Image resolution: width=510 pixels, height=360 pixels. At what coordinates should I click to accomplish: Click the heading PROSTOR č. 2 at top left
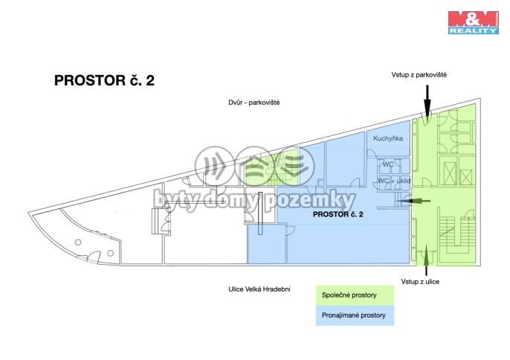click(x=104, y=81)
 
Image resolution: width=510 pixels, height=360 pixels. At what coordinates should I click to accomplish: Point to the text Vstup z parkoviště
click(x=419, y=75)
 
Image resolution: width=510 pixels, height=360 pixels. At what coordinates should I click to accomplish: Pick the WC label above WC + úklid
click(x=388, y=164)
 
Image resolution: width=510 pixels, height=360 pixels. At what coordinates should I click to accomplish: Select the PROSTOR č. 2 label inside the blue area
click(x=338, y=214)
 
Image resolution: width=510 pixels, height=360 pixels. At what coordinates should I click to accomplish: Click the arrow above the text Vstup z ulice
click(x=426, y=256)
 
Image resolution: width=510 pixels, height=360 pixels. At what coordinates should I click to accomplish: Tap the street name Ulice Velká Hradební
click(x=259, y=289)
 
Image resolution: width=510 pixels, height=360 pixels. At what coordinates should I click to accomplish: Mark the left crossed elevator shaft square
click(x=451, y=173)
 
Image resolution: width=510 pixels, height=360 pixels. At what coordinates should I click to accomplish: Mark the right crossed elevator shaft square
click(x=467, y=177)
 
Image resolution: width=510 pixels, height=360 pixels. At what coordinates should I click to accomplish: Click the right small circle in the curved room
click(x=110, y=253)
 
